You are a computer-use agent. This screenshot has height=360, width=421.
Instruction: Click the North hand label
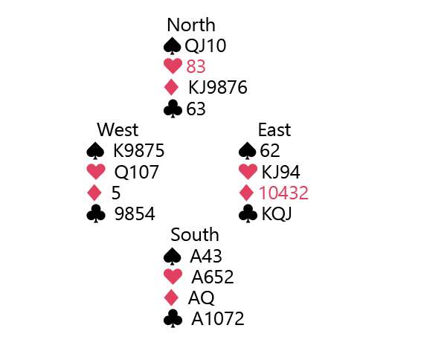191,25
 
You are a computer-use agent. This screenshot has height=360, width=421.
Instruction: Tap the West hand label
118,130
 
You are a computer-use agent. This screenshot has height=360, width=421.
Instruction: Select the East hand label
274,130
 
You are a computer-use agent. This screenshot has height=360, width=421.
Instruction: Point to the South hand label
195,235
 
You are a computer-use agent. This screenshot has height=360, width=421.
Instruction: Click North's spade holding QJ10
205,45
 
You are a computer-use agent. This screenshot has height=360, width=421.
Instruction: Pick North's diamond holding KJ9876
218,87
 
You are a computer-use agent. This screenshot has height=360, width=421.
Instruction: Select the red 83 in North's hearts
196,67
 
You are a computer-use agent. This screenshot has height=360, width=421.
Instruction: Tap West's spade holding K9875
139,150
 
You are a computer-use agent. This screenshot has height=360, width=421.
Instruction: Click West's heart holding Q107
136,172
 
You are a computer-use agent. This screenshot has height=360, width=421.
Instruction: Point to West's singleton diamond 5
116,193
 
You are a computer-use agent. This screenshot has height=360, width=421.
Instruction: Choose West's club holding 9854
135,214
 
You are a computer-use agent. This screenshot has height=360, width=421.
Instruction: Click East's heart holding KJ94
280,172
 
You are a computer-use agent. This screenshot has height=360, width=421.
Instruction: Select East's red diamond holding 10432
283,193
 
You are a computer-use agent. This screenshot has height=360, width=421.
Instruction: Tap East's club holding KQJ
277,214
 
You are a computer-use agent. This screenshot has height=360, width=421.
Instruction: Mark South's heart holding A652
213,277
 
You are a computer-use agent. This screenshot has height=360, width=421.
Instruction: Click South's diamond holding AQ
202,298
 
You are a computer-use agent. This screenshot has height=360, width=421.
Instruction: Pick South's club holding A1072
218,319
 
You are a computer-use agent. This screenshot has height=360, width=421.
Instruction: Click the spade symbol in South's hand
172,256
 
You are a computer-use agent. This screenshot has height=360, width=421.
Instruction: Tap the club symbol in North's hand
173,109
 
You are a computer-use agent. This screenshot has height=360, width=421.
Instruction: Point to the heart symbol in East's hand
248,172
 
